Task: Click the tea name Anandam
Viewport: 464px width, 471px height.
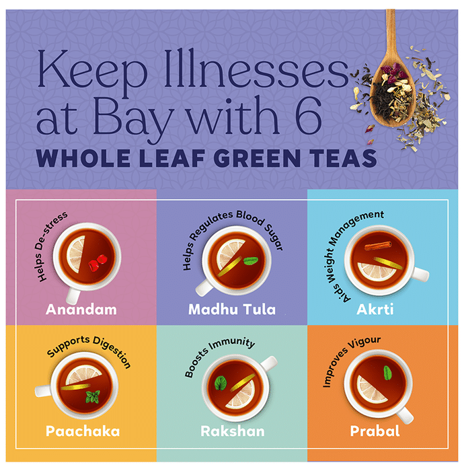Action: pos(81,310)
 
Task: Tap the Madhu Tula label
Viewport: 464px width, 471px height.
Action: pos(232,310)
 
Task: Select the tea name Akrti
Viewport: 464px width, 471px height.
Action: pos(375,310)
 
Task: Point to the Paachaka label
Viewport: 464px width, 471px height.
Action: pos(83,431)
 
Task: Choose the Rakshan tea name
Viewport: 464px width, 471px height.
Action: pos(233,431)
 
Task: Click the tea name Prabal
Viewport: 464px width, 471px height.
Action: pos(375,431)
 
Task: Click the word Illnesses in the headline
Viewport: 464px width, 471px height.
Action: pos(256,72)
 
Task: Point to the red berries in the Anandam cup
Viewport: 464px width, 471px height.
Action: pos(98,263)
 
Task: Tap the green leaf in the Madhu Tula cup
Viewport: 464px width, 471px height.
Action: pos(251,261)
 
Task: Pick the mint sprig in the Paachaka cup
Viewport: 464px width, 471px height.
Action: pos(93,396)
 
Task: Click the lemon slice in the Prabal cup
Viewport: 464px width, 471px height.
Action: pos(371,390)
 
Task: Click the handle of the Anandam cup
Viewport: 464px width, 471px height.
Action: pos(73,295)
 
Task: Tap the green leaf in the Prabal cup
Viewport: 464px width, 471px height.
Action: pos(388,373)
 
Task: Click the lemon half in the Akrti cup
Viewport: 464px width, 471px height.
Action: pos(377,271)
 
